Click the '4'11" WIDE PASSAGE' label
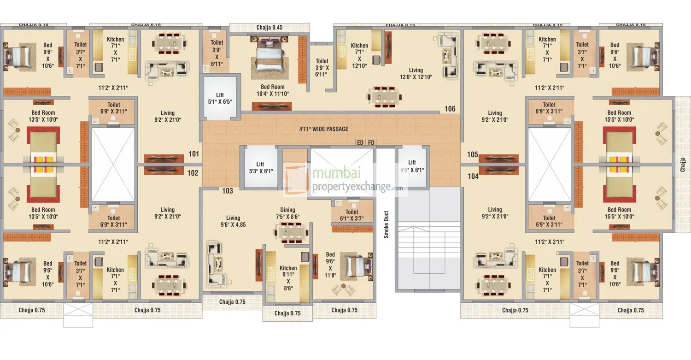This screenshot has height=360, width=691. pos(323,129)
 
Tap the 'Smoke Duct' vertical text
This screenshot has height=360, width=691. pos(386,224)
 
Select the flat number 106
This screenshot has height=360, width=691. pos(450,109)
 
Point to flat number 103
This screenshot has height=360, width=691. pos(228,191)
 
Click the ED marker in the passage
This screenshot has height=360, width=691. pos(360,142)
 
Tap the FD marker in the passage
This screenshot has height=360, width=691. pos(371,142)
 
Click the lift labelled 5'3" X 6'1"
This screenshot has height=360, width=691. pos(260,167)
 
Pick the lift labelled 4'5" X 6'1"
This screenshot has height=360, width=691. pos(412,166)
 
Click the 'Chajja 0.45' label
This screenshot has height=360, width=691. pos(269,28)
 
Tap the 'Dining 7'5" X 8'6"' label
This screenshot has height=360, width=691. pos(287,213)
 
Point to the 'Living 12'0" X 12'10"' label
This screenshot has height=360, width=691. pos(416,73)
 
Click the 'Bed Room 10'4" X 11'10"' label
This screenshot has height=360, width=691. pos(272,90)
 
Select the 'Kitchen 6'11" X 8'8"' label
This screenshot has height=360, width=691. pos(288,278)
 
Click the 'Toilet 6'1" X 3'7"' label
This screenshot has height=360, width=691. pos(351,215)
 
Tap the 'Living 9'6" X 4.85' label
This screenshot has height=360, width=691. pos(233,221)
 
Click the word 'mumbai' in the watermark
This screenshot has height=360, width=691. pos(336,172)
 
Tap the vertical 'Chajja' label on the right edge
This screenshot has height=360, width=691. pos(682,165)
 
